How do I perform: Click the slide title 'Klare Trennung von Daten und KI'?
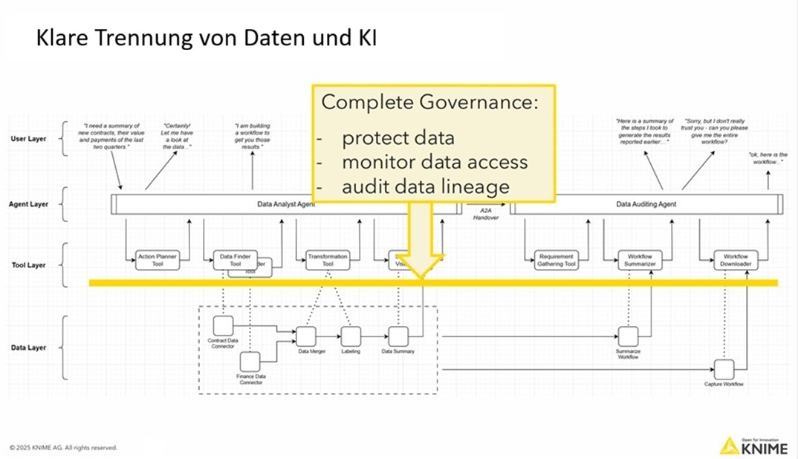click(x=206, y=39)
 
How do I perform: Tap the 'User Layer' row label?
click(x=29, y=139)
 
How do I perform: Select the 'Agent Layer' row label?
click(x=29, y=204)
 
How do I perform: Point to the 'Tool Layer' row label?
click(x=27, y=265)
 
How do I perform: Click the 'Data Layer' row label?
click(x=28, y=348)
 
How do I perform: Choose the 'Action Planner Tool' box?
click(x=157, y=260)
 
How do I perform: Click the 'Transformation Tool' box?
click(x=328, y=260)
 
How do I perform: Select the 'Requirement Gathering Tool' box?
click(x=556, y=260)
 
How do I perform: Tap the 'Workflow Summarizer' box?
click(x=640, y=260)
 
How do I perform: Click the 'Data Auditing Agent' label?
click(x=646, y=204)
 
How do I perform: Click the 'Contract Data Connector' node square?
click(x=222, y=325)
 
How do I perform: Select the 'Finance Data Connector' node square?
click(x=250, y=361)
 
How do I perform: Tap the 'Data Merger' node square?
click(x=307, y=336)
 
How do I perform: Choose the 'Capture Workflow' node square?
click(x=724, y=368)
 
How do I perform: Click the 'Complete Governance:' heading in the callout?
click(x=429, y=103)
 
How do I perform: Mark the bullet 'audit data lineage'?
click(x=426, y=186)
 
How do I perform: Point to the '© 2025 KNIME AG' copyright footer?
click(x=63, y=448)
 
